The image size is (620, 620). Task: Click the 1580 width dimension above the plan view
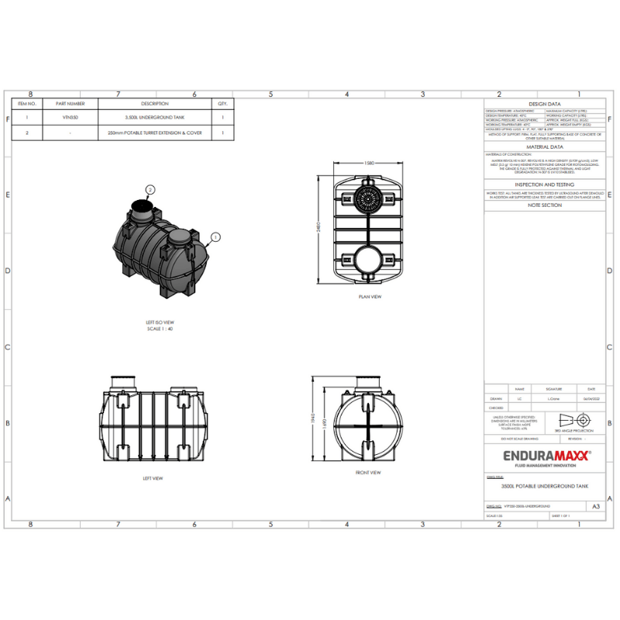pyautogui.click(x=369, y=164)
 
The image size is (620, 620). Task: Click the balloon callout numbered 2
pyautogui.click(x=150, y=189)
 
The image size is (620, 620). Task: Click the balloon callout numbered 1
pyautogui.click(x=215, y=237)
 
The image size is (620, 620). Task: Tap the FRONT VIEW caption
pyautogui.click(x=368, y=472)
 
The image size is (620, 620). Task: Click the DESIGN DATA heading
pyautogui.click(x=544, y=103)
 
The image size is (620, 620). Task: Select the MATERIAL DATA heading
pyautogui.click(x=544, y=146)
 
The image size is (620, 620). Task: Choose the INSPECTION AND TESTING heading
pyautogui.click(x=544, y=184)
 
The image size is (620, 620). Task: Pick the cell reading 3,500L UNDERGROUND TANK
pyautogui.click(x=155, y=118)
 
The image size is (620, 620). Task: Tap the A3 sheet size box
pyautogui.click(x=595, y=506)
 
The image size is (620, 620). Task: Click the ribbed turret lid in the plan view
pyautogui.click(x=368, y=197)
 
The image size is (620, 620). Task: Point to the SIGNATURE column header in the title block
pyautogui.click(x=554, y=389)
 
